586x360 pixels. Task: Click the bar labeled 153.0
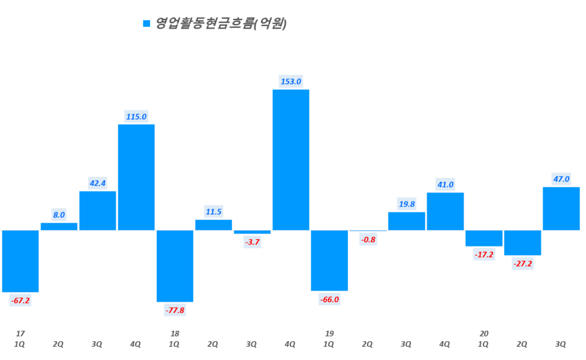[291, 160]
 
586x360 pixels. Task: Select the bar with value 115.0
[136, 177]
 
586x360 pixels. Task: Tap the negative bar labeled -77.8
[175, 266]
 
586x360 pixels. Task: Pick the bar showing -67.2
[20, 261]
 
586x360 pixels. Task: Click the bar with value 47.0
[561, 208]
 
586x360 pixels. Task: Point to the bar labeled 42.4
[97, 211]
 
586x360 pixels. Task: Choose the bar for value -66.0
[329, 260]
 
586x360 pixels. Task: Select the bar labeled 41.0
[445, 211]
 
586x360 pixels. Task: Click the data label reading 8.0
[59, 215]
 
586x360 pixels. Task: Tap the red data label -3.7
[252, 242]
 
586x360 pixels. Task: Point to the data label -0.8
[368, 239]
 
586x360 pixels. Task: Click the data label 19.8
[406, 204]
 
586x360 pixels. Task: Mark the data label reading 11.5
[213, 212]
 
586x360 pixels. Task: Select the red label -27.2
[522, 264]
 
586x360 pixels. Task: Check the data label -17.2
[484, 255]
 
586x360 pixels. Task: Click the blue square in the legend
[146, 23]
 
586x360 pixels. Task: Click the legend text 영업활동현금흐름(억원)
[221, 23]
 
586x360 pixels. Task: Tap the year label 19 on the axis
[329, 333]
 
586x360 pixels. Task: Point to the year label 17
[20, 333]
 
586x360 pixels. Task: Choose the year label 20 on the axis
[484, 333]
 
